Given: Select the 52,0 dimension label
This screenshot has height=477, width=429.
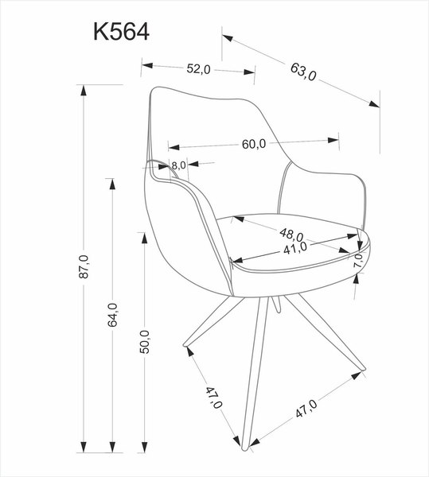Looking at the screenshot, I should pyautogui.click(x=198, y=69).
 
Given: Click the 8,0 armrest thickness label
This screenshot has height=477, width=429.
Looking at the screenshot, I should pyautogui.click(x=178, y=165).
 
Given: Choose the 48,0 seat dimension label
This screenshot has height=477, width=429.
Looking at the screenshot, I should pyautogui.click(x=291, y=235).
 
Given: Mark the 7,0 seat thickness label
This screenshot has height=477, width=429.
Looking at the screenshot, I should pyautogui.click(x=358, y=259).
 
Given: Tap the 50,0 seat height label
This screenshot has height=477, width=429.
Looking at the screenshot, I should pyautogui.click(x=145, y=340).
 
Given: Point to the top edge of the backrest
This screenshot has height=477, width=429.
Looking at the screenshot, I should pyautogui.click(x=199, y=88).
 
